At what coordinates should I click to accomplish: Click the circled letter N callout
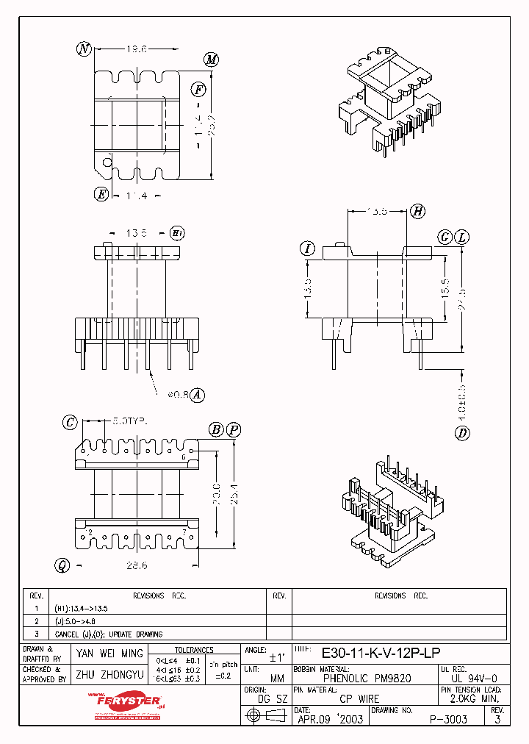(x=84, y=49)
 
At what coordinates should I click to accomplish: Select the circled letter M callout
(x=212, y=60)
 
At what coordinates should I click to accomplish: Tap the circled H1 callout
(x=177, y=233)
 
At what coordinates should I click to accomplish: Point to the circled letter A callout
(x=196, y=396)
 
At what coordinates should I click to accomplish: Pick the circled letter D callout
(x=462, y=433)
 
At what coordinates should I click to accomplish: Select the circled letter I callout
(x=307, y=248)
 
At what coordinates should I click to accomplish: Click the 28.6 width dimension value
(x=137, y=565)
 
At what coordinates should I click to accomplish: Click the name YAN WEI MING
(x=110, y=654)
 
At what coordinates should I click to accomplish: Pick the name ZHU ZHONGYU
(x=110, y=674)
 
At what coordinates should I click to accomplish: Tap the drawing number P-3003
(x=450, y=720)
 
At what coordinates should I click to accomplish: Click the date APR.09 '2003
(x=330, y=720)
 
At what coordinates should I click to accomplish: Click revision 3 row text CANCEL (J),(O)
(x=109, y=634)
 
